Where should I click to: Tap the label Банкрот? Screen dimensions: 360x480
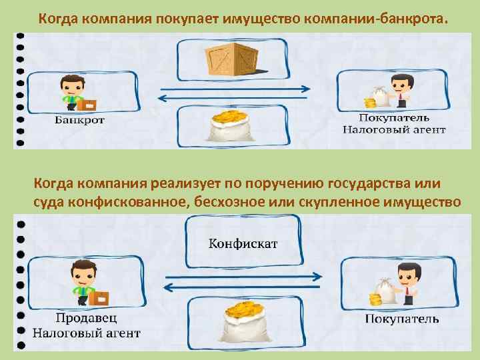[x=79, y=121]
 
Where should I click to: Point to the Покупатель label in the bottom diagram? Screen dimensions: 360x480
[x=402, y=319]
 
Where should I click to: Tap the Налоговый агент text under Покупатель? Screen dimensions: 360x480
[x=393, y=129]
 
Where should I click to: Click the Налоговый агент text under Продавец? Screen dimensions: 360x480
[x=87, y=331]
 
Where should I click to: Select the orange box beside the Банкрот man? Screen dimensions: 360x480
[x=87, y=104]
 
